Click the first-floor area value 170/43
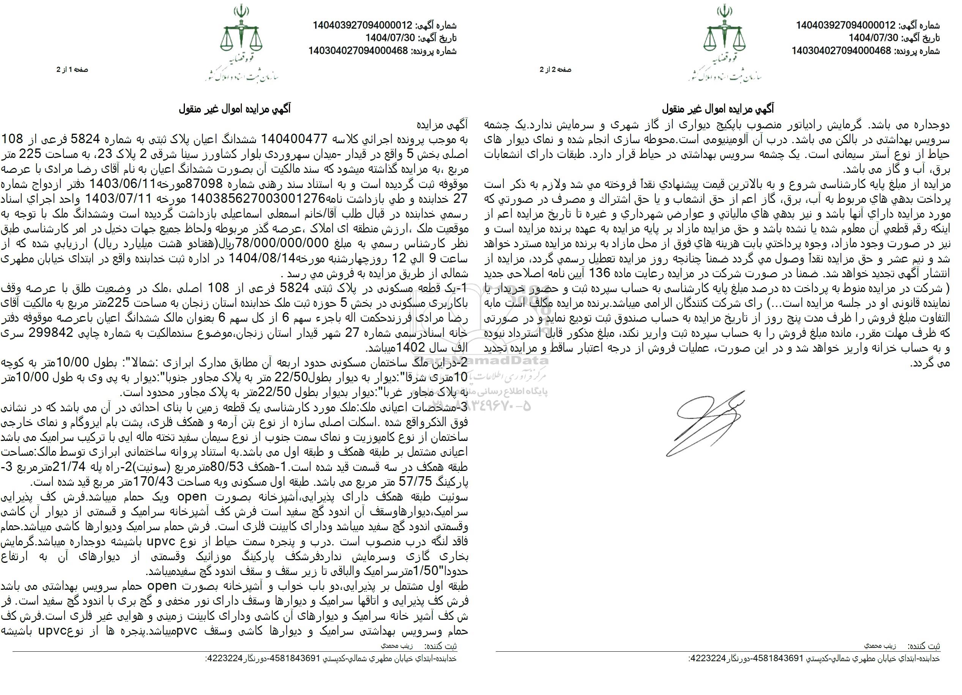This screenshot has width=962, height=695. pyautogui.click(x=159, y=482)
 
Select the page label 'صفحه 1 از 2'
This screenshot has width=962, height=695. pyautogui.click(x=73, y=69)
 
